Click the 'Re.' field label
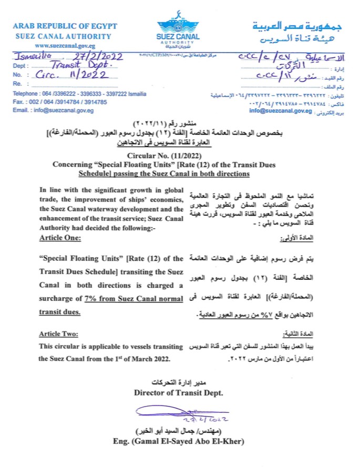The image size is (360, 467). [x=17, y=84]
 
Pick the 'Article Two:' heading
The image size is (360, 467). [x=59, y=334]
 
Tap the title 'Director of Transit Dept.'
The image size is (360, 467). [x=179, y=392]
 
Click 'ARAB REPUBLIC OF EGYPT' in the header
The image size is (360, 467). [x=65, y=26]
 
